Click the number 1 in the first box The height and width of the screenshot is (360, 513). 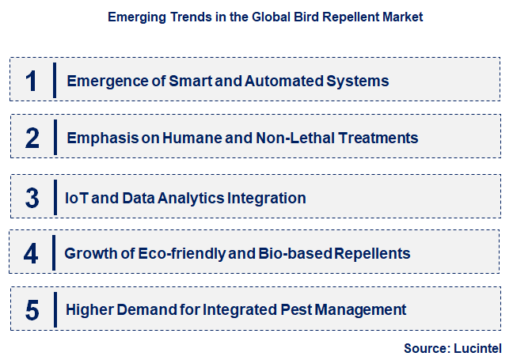click(x=32, y=81)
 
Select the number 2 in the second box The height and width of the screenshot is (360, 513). click(x=32, y=138)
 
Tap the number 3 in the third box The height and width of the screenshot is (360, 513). click(x=32, y=197)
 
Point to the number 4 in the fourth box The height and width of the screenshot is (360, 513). click(x=32, y=254)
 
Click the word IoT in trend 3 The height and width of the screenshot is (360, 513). click(x=76, y=197)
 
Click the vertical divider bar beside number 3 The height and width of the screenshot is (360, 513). click(x=54, y=197)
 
